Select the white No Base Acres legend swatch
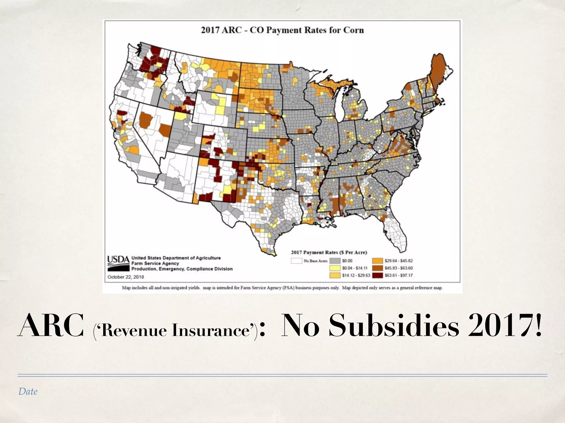(296, 261)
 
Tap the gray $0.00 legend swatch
(335, 261)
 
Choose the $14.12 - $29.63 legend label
(356, 275)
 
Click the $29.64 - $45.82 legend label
(399, 261)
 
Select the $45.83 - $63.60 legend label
(399, 268)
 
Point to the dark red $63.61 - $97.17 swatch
(377, 275)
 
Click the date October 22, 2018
(126, 277)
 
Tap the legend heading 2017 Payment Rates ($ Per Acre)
(329, 252)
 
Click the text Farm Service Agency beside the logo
(155, 263)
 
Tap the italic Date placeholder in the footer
(28, 391)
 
